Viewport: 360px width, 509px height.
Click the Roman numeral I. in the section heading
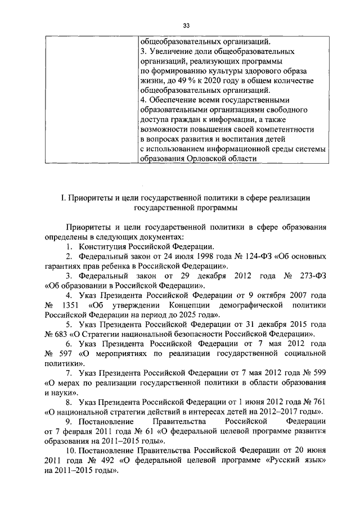[x=63, y=198]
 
